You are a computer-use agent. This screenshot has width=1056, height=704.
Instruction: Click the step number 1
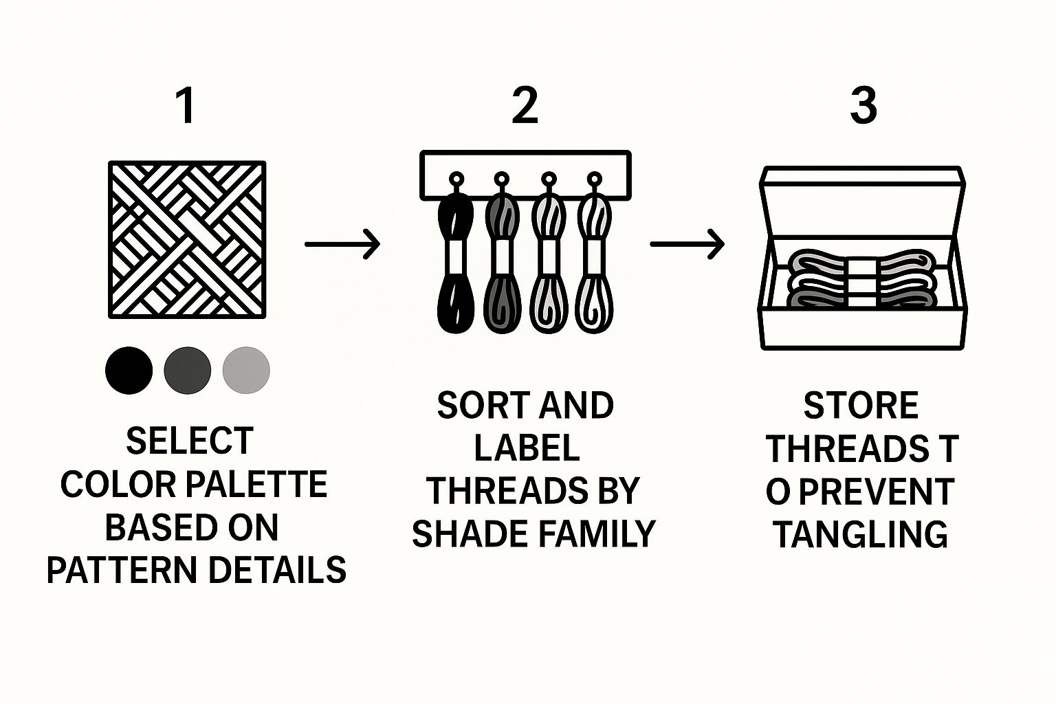tap(187, 106)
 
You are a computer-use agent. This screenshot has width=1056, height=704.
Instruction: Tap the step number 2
tap(525, 106)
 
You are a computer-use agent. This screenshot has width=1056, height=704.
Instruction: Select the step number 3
tap(863, 106)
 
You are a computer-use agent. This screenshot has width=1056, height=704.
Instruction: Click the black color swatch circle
tap(129, 370)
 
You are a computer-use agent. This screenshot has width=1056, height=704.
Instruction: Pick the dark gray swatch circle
tap(187, 370)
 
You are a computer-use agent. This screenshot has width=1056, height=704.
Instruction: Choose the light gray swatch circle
tap(246, 370)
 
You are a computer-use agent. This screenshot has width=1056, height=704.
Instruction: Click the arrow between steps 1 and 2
tap(342, 244)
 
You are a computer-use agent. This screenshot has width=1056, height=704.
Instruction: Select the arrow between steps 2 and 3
tap(687, 244)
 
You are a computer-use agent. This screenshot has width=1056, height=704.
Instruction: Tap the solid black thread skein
tap(455, 262)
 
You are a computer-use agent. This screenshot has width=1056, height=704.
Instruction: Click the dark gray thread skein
tap(503, 262)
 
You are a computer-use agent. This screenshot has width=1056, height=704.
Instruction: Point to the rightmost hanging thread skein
tap(595, 262)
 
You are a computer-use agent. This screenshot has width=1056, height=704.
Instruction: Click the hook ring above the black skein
tap(456, 179)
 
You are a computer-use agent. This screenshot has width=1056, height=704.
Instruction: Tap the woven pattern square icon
tap(187, 239)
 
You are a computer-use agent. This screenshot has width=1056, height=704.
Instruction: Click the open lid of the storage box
tap(862, 203)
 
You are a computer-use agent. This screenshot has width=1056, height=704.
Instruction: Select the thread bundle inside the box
tap(861, 278)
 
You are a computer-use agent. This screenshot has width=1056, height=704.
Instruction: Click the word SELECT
tap(190, 441)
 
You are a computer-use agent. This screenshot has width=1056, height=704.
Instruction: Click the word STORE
tap(861, 406)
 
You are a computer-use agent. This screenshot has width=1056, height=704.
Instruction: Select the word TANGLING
tap(861, 534)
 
